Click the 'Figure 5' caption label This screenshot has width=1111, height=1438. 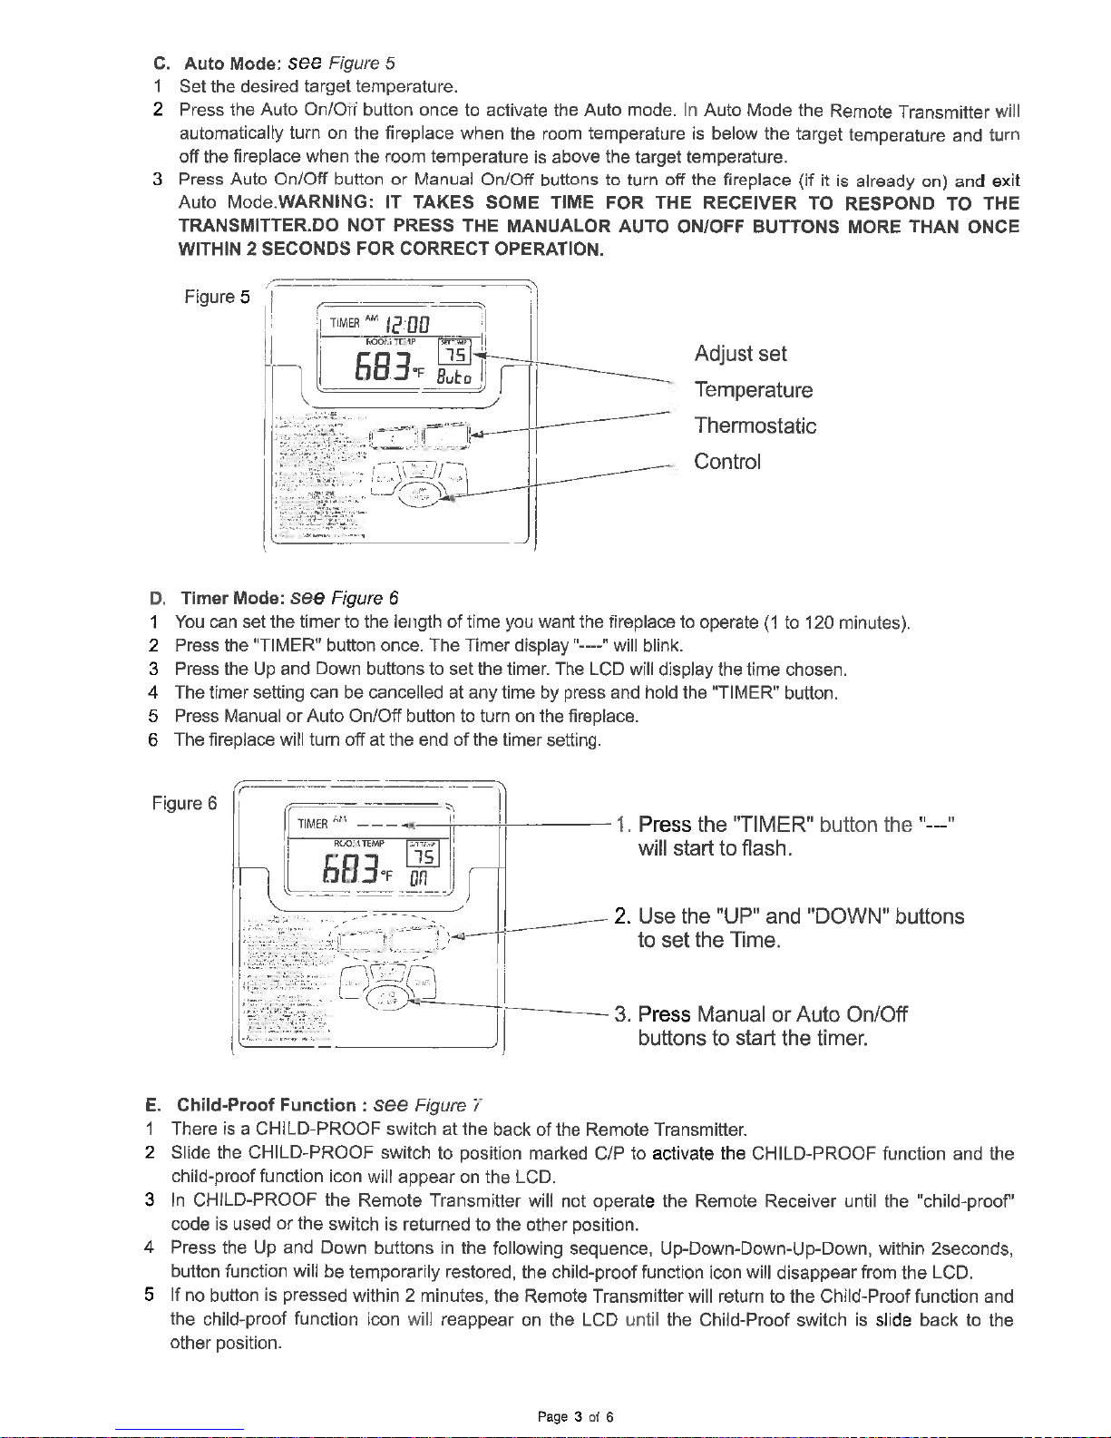click(x=217, y=298)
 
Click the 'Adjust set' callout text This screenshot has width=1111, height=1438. click(x=740, y=354)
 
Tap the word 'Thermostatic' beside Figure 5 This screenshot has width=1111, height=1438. click(x=755, y=426)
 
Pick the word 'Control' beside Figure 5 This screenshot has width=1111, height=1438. click(x=727, y=462)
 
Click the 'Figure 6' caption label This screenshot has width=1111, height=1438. click(x=184, y=804)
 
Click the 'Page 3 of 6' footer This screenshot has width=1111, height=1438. click(x=576, y=1417)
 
